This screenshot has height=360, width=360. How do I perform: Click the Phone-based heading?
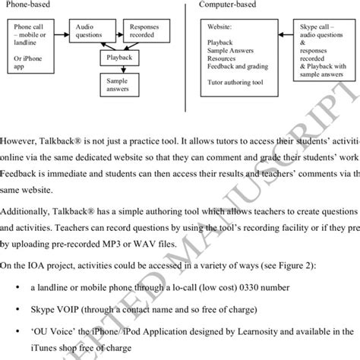pos(26,4)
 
